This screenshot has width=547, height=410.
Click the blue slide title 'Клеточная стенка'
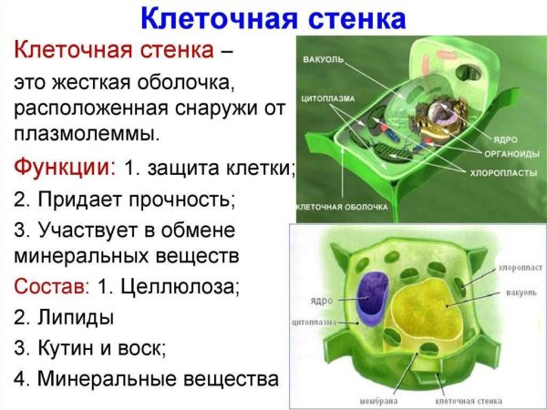273,17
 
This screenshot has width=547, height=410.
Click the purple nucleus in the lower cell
372,299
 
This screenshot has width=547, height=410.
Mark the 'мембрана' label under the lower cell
372,398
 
